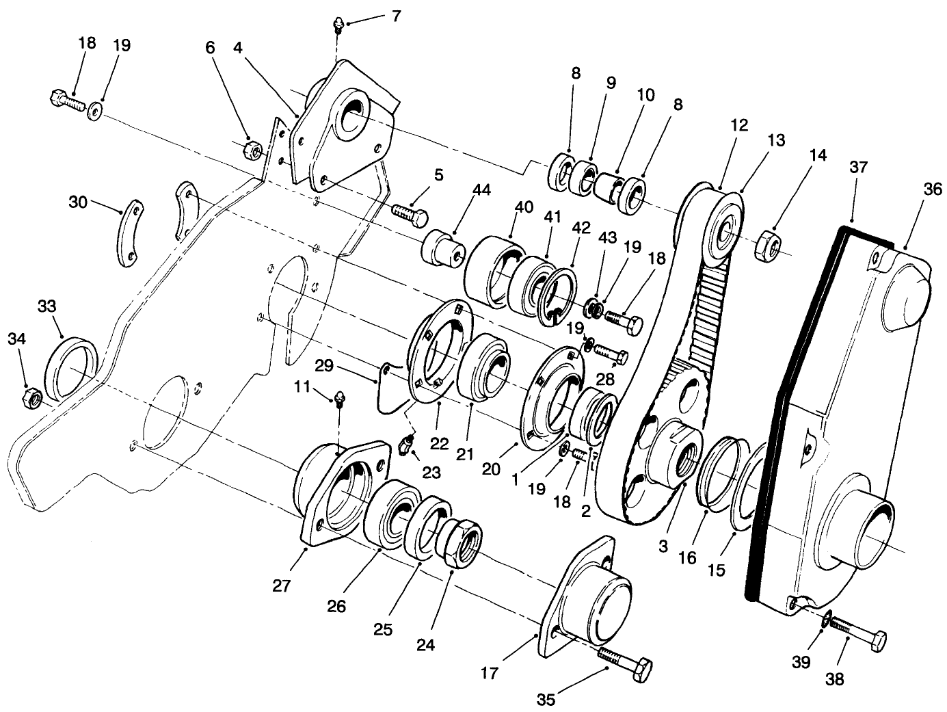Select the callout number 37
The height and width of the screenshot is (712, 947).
point(859,167)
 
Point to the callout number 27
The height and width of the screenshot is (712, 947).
point(282,585)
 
